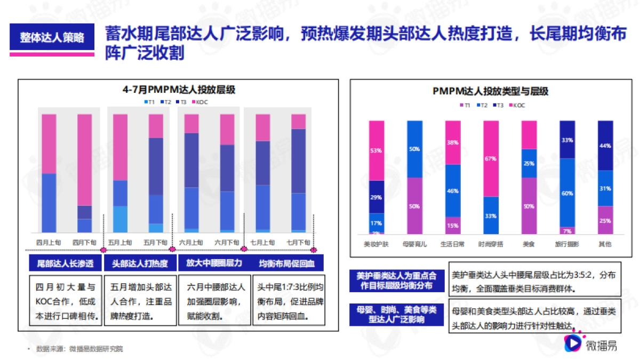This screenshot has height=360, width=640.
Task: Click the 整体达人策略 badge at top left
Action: (x=52, y=38)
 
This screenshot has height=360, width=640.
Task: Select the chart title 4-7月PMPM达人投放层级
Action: (x=179, y=90)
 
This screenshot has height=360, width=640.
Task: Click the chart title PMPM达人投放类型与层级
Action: (x=490, y=92)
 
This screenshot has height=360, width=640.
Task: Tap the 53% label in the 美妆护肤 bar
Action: (x=376, y=151)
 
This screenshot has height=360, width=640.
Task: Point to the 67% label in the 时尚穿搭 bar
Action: (x=491, y=158)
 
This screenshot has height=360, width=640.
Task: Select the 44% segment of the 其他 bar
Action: (x=605, y=146)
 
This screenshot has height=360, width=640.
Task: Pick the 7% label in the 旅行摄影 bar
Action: (x=567, y=231)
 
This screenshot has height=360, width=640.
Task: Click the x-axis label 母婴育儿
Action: (x=414, y=244)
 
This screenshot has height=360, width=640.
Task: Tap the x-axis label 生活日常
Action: (x=453, y=244)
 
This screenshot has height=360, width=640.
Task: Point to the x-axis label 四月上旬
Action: (x=49, y=242)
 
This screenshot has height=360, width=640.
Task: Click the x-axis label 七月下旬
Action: (x=298, y=242)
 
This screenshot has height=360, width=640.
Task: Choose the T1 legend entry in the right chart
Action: (x=464, y=105)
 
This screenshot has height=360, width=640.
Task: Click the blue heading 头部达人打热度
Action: (x=140, y=263)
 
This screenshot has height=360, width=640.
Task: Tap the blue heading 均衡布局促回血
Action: (x=287, y=263)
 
